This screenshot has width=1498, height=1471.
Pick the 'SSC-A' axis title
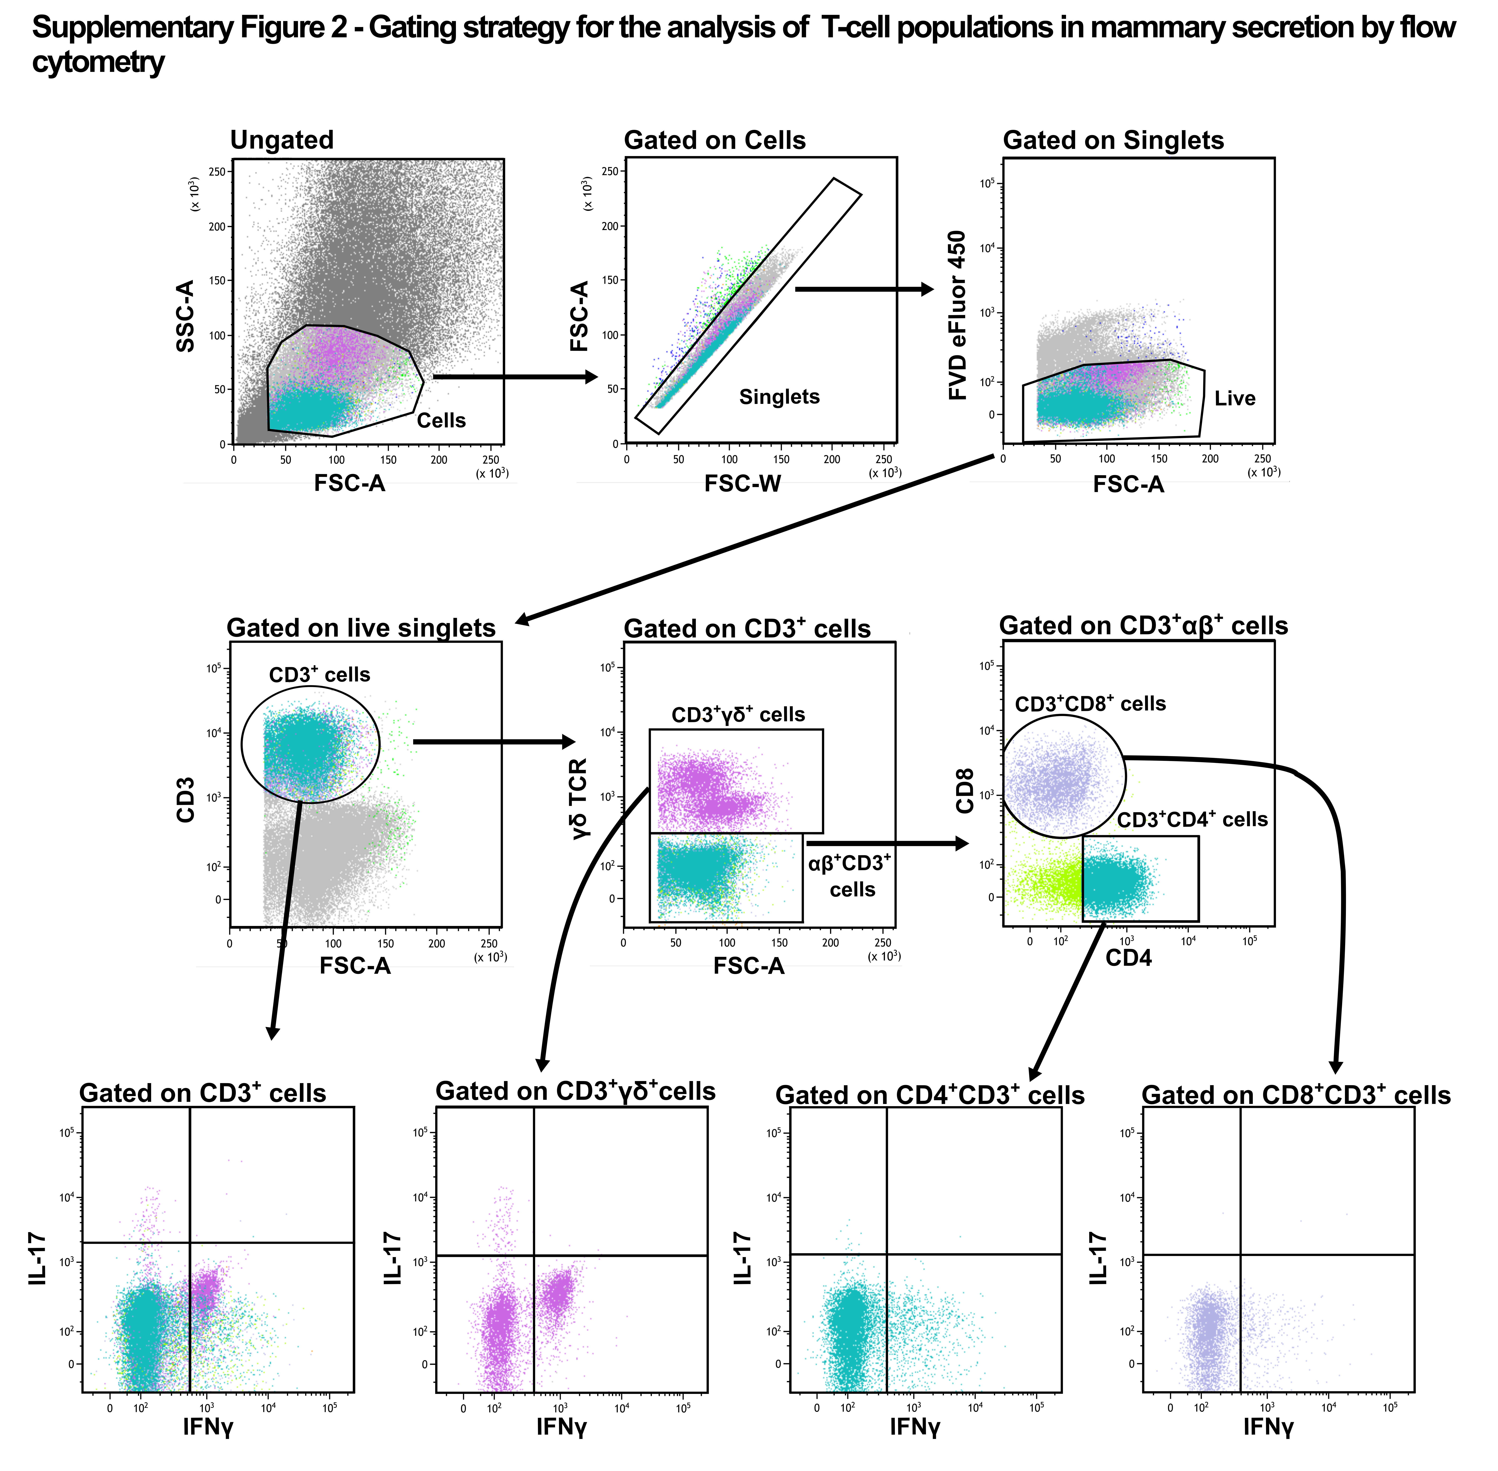coord(185,316)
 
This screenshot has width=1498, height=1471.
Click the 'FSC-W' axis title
coord(742,484)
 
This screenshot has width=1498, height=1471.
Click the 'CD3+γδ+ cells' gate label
coord(738,714)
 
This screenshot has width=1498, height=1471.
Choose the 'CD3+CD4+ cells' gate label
coord(1192,819)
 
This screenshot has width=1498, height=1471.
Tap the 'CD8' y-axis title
coord(965,790)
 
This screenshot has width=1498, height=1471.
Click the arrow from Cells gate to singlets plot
coord(515,377)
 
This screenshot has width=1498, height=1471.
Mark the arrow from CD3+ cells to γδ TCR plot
coord(494,742)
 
